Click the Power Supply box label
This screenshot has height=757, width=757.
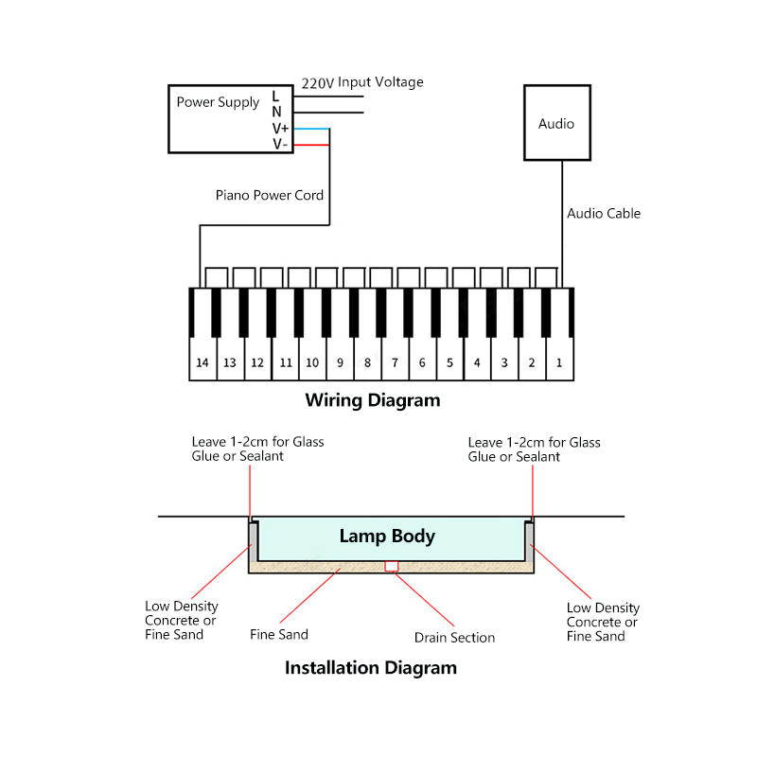[x=218, y=102]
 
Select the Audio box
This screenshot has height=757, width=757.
[x=556, y=123]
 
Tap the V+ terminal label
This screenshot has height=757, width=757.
[x=281, y=129]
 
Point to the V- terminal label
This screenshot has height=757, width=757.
[x=281, y=144]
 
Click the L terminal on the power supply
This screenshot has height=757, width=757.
[x=276, y=96]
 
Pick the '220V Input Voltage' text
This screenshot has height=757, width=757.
[x=362, y=82]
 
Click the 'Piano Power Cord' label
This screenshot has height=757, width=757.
[x=270, y=196]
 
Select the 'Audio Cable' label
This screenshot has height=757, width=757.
[x=604, y=214]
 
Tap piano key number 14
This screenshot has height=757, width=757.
[x=202, y=362]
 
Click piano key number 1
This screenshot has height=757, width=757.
[x=559, y=362]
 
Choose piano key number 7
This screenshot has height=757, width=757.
[x=395, y=362]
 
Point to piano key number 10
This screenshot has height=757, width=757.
[x=312, y=362]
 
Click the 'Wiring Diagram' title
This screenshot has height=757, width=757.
[x=373, y=400]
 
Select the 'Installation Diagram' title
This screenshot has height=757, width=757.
[x=371, y=668]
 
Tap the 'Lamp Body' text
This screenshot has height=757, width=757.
[x=387, y=537]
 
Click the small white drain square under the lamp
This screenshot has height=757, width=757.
[x=391, y=567]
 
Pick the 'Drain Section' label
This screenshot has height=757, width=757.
[x=454, y=638]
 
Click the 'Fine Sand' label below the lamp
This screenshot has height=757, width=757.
[x=279, y=635]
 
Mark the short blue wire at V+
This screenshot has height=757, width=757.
[x=311, y=129]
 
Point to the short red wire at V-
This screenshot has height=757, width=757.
[x=311, y=145]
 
